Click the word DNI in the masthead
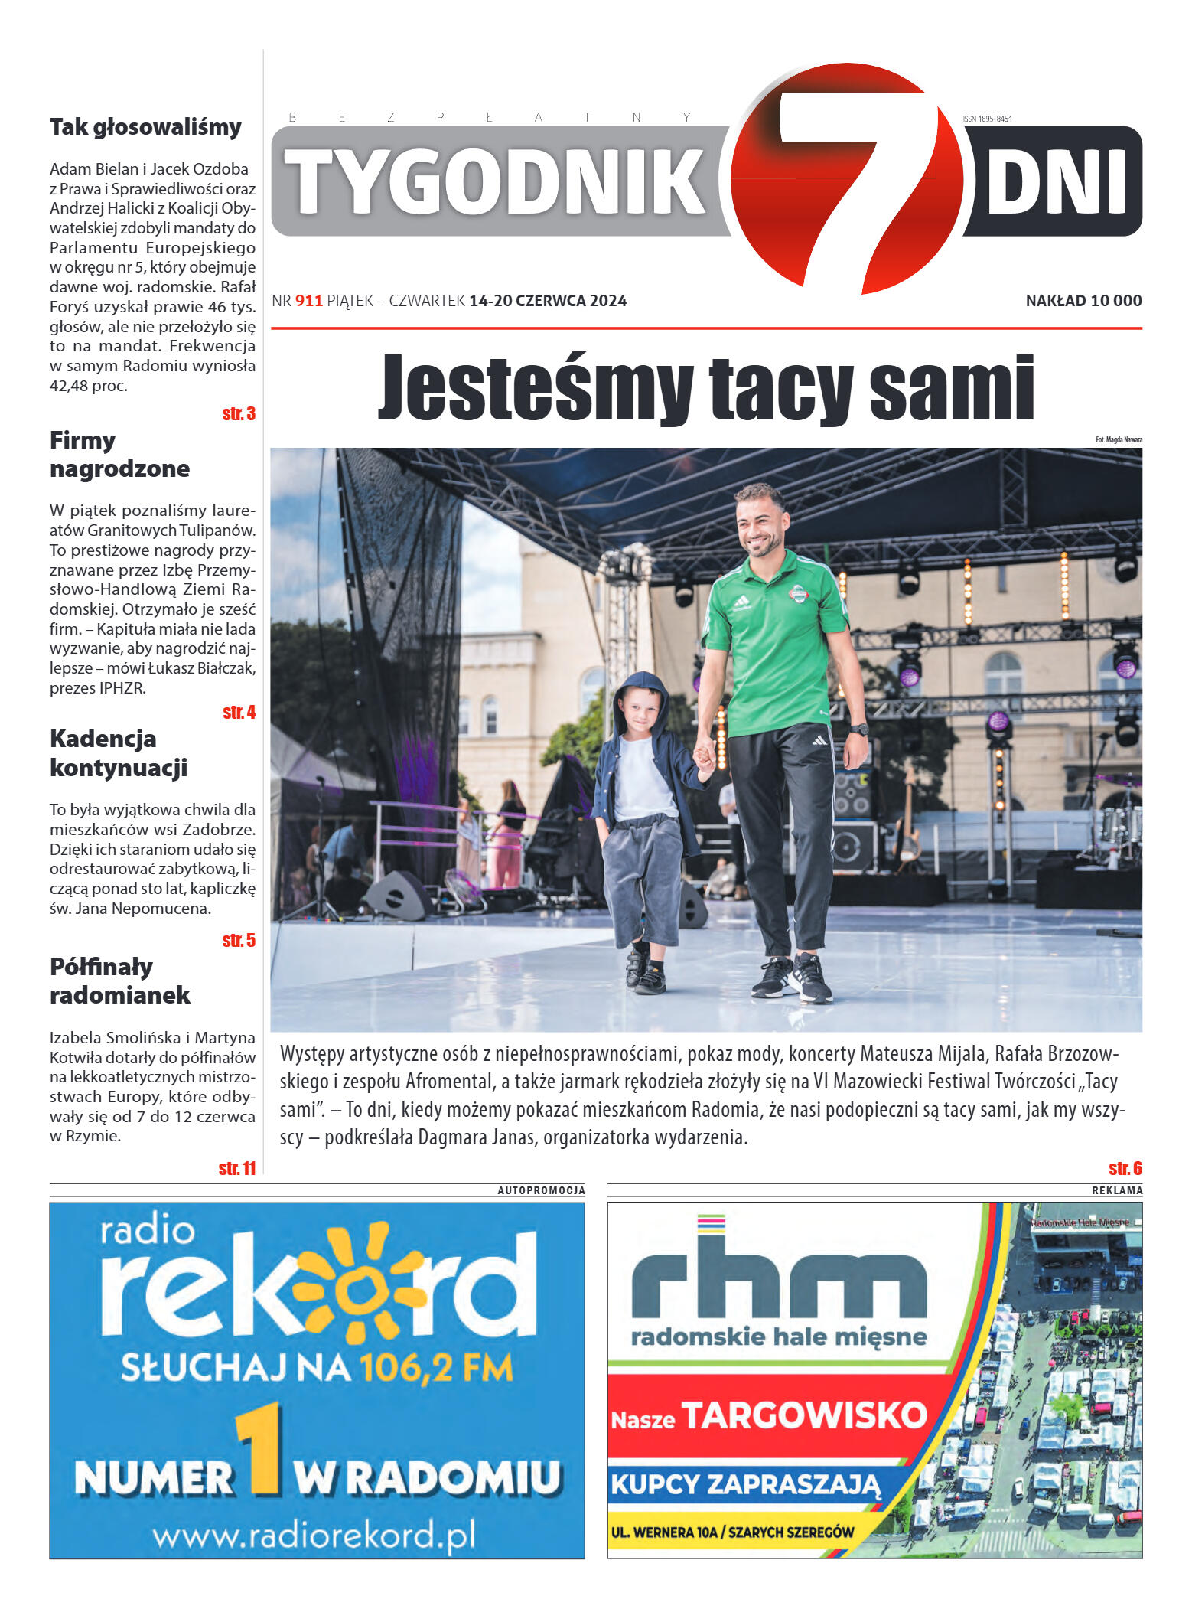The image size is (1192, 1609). (x=1057, y=182)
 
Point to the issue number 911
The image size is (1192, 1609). (x=309, y=301)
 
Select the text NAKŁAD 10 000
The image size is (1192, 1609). (x=1083, y=301)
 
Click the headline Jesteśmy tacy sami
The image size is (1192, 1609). (x=705, y=387)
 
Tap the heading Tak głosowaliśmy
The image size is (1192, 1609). (x=145, y=127)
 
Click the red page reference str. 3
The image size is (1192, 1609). (x=239, y=414)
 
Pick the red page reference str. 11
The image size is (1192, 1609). (x=236, y=1168)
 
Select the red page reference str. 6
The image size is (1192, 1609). (x=1125, y=1168)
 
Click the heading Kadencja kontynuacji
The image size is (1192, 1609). (x=119, y=753)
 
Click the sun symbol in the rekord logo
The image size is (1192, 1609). (x=358, y=1288)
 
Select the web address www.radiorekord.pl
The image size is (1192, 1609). (x=314, y=1535)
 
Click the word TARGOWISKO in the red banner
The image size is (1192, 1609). (x=803, y=1415)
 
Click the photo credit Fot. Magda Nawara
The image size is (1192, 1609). (x=1119, y=439)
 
